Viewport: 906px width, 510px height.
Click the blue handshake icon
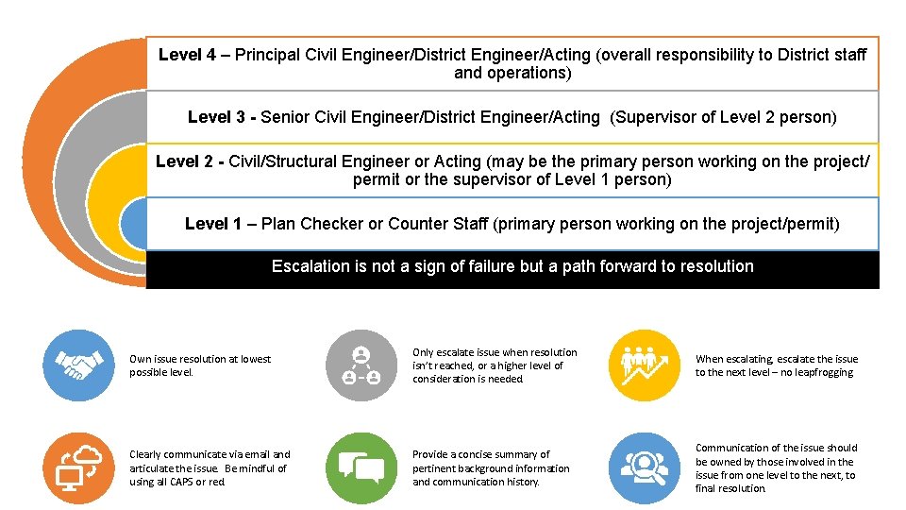pos(79,365)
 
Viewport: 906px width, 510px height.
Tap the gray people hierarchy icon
pos(361,365)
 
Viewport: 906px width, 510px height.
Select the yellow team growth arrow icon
pos(645,365)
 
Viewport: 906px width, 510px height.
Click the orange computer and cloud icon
pos(79,468)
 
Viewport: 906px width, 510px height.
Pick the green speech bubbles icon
pos(361,468)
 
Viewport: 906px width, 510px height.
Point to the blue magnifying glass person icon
pos(645,468)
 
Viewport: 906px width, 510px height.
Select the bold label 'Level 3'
pos(217,117)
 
